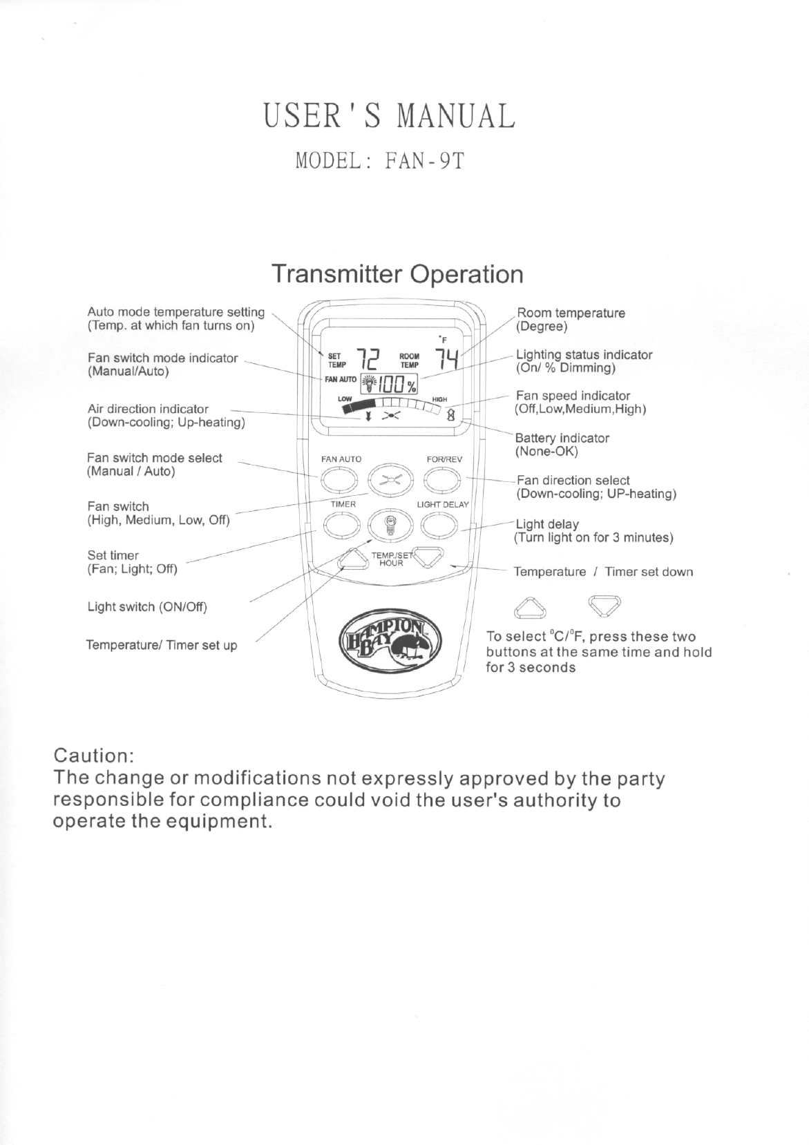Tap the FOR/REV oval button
442,479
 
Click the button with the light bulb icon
390,528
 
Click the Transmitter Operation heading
397,274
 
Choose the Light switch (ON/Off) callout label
147,607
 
